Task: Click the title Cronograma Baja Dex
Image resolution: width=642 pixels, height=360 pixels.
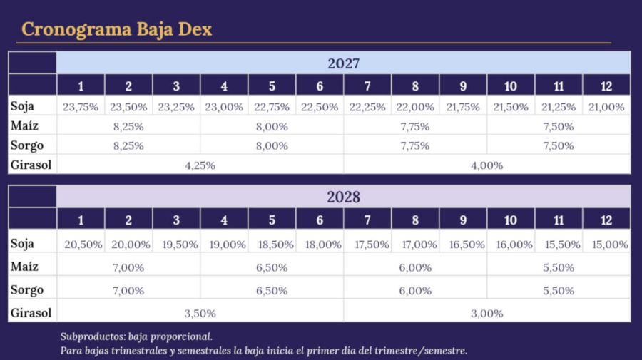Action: (117, 29)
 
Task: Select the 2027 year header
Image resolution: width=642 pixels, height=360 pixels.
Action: (344, 63)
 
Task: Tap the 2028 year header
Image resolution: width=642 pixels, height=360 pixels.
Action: (344, 197)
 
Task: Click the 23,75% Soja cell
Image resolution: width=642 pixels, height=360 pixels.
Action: (81, 107)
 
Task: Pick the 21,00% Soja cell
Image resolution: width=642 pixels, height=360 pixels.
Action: (606, 107)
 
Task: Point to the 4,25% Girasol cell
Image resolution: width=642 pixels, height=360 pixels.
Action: (200, 165)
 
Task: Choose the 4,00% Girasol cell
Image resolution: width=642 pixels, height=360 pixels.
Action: (486, 165)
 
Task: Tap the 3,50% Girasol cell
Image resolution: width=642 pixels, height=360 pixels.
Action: (200, 314)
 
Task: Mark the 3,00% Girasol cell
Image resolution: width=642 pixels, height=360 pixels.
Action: (486, 314)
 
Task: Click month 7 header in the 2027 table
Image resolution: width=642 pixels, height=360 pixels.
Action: (367, 86)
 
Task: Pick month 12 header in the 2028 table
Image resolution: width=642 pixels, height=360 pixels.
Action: (606, 220)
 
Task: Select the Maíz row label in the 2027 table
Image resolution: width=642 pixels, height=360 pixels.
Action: (24, 125)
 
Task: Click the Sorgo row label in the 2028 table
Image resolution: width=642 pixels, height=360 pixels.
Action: (27, 290)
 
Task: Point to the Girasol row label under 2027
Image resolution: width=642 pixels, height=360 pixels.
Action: (31, 165)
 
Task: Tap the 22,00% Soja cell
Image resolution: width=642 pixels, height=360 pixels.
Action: (415, 107)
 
